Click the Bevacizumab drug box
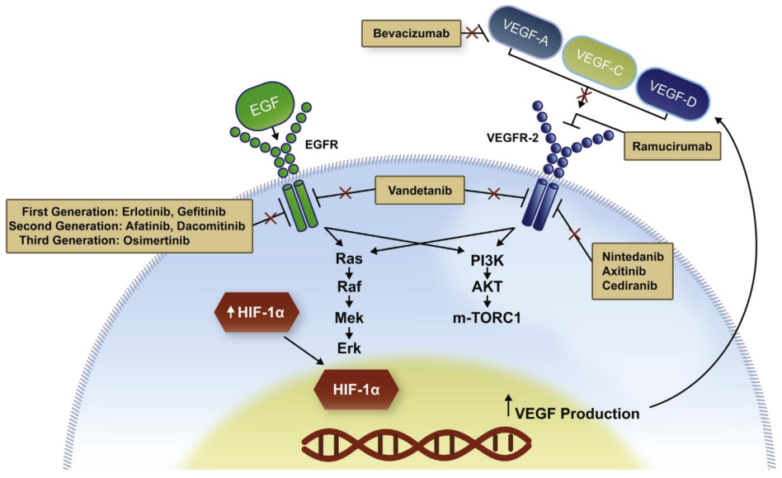click(405, 34)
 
